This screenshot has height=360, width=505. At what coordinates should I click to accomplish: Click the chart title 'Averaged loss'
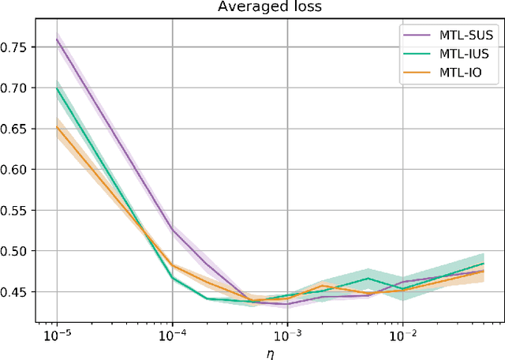pos(270,8)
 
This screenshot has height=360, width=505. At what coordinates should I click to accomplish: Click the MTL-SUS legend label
pos(462,36)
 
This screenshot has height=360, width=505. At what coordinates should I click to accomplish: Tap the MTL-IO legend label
pos(458,72)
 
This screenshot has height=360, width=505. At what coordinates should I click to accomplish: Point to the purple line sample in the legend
pos(415,36)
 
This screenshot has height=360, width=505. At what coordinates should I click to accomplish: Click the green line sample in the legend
pos(415,54)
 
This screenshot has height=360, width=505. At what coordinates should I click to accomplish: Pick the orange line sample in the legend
pos(415,72)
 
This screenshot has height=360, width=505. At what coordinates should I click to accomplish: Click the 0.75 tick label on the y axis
pos(17,47)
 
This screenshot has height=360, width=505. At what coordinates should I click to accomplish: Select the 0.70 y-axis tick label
pos(17,88)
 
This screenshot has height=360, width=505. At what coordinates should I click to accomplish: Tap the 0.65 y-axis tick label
pos(17,129)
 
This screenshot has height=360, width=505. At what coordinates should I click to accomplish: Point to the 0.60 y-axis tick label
pos(17,170)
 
